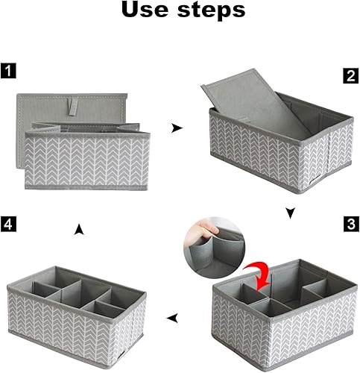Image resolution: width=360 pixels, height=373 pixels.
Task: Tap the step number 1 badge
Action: pyautogui.click(x=7, y=73)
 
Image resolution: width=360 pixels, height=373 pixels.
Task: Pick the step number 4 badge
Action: pyautogui.click(x=7, y=223)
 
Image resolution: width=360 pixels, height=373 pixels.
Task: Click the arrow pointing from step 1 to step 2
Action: pyautogui.click(x=176, y=128)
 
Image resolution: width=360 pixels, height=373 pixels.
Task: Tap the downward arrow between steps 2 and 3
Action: pyautogui.click(x=290, y=213)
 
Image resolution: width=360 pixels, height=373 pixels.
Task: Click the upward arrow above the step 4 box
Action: pyautogui.click(x=79, y=232)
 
